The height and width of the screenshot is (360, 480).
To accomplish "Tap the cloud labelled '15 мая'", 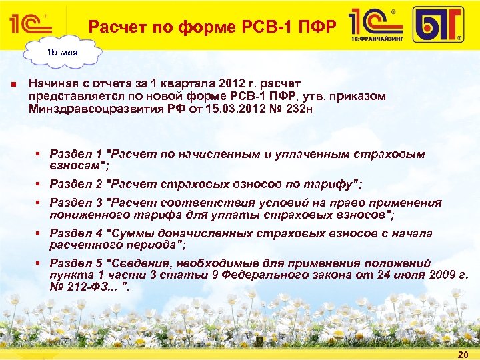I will point(61,52).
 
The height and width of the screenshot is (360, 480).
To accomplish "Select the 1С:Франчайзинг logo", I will point(377,25).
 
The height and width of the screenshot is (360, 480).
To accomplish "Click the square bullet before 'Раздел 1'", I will point(41,154).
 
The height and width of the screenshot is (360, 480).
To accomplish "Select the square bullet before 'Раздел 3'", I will point(41,203).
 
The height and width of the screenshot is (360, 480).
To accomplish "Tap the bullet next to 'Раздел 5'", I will point(41,263).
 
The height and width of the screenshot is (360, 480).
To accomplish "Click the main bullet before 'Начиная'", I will point(13,85).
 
